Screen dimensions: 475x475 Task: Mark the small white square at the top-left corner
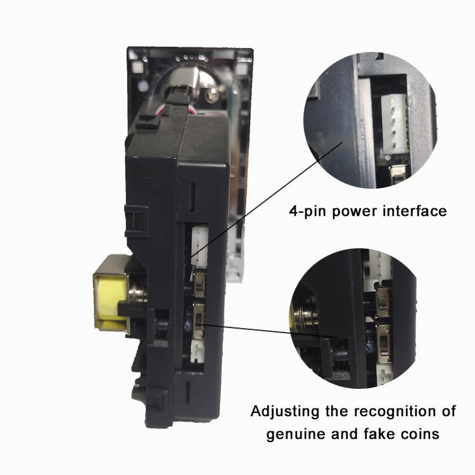134,64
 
